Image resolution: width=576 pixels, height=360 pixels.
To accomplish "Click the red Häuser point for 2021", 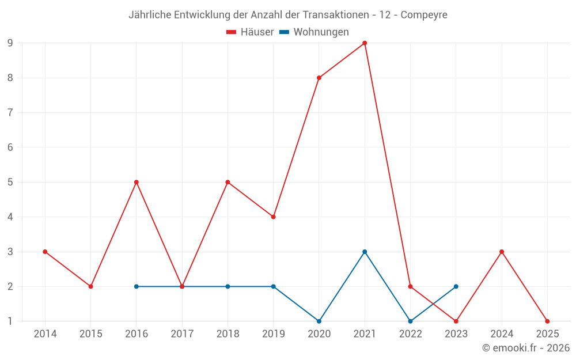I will coord(365,43).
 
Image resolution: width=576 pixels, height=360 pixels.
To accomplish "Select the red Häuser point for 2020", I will coord(319,78).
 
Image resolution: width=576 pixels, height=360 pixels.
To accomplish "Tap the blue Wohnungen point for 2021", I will coord(365,252).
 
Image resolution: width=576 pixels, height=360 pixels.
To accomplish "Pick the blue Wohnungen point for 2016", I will coord(137,286).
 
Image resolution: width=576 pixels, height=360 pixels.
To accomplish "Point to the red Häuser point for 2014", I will coord(45,252).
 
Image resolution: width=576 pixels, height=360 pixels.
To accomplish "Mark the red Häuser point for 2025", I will coord(547,321).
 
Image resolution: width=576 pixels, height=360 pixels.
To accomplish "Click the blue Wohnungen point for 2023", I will coord(456,286).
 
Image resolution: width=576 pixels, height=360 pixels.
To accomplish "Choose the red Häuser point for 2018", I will coord(228,182).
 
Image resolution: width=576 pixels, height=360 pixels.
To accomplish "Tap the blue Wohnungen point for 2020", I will coord(319,321).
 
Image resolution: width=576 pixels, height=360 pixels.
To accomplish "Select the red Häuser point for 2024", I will coord(502,252).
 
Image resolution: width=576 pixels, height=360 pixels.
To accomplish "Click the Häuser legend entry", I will coord(250,32).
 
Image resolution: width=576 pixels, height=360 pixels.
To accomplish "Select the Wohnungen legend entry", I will coord(314,32).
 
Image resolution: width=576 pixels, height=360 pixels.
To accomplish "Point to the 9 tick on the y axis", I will coord(10,43).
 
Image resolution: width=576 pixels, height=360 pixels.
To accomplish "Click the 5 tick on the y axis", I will coord(10,182).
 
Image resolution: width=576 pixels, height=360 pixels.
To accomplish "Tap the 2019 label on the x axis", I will coord(273,334).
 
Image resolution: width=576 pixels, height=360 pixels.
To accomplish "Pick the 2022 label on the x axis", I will coord(410,334).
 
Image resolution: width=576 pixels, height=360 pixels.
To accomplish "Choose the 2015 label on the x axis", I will coord(90,334).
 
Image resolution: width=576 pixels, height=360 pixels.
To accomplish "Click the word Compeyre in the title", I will coord(423,15).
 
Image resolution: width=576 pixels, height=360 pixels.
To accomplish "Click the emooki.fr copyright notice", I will coord(526,348).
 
